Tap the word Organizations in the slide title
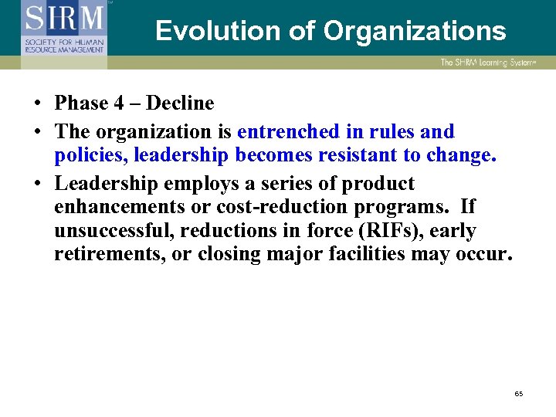point(415,31)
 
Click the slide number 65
point(518,394)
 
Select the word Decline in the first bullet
point(180,103)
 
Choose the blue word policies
point(90,154)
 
